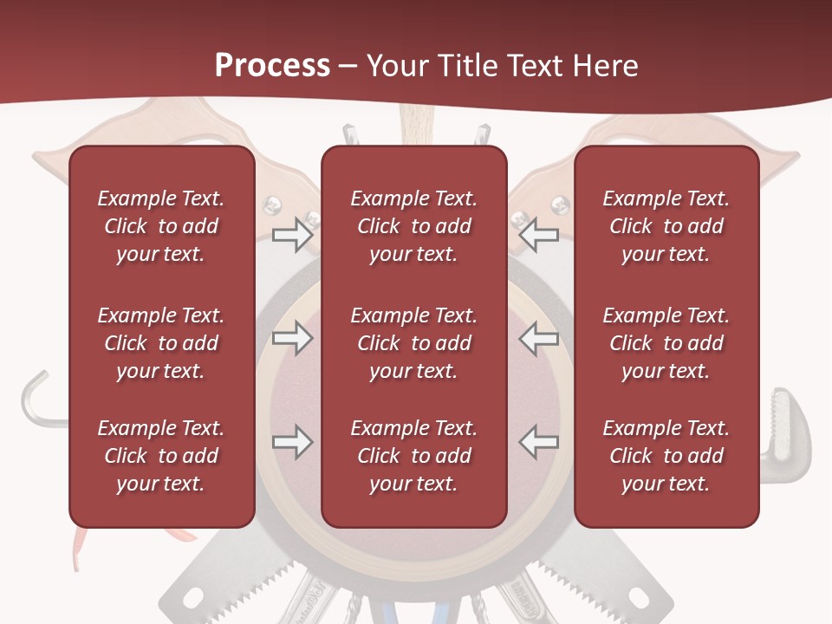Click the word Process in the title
(272, 66)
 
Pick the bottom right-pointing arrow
(292, 442)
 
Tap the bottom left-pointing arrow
(539, 442)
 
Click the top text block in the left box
(161, 226)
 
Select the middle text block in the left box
(161, 343)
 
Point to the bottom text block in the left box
(161, 456)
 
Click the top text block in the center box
(413, 226)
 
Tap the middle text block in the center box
(413, 343)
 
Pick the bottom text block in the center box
(413, 456)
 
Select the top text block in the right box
(666, 226)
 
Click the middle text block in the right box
(666, 343)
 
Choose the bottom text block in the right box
(666, 456)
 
